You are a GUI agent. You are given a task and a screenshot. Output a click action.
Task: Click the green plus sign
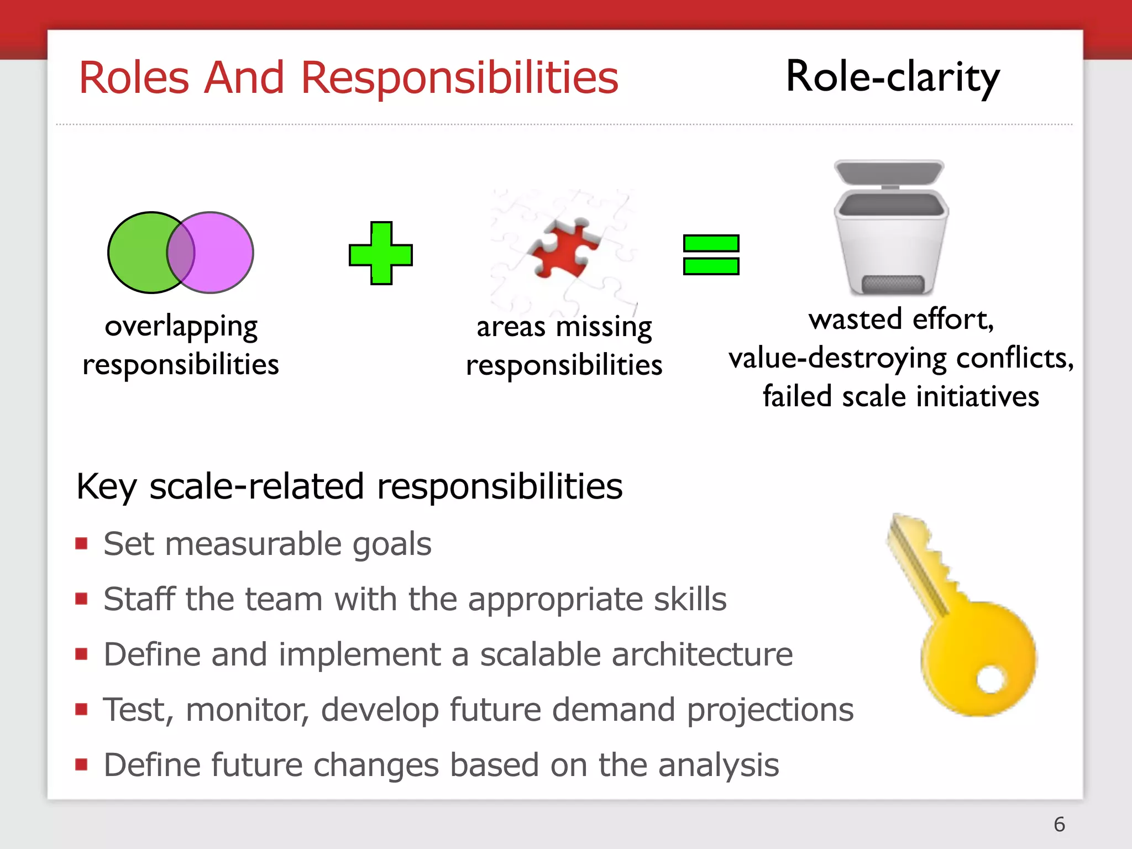point(381,254)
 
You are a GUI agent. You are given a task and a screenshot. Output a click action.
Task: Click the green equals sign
point(711,255)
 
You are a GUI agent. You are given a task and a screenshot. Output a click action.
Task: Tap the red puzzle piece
point(564,249)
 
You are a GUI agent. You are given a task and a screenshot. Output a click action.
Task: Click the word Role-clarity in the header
point(892,77)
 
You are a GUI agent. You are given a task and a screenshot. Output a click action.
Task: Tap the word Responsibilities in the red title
point(459,78)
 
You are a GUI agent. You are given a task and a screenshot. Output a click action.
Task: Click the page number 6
point(1059,824)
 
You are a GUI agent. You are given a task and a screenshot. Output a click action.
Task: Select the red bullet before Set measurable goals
point(82,543)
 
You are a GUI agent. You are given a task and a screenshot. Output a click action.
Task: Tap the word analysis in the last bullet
point(719,765)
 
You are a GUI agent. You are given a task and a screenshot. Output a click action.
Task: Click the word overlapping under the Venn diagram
point(181,327)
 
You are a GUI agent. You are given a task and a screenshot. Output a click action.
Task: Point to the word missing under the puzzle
point(604,327)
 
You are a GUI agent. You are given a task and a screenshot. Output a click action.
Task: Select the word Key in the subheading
point(106,487)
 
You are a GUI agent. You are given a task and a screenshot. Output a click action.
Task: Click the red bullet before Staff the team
point(82,599)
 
